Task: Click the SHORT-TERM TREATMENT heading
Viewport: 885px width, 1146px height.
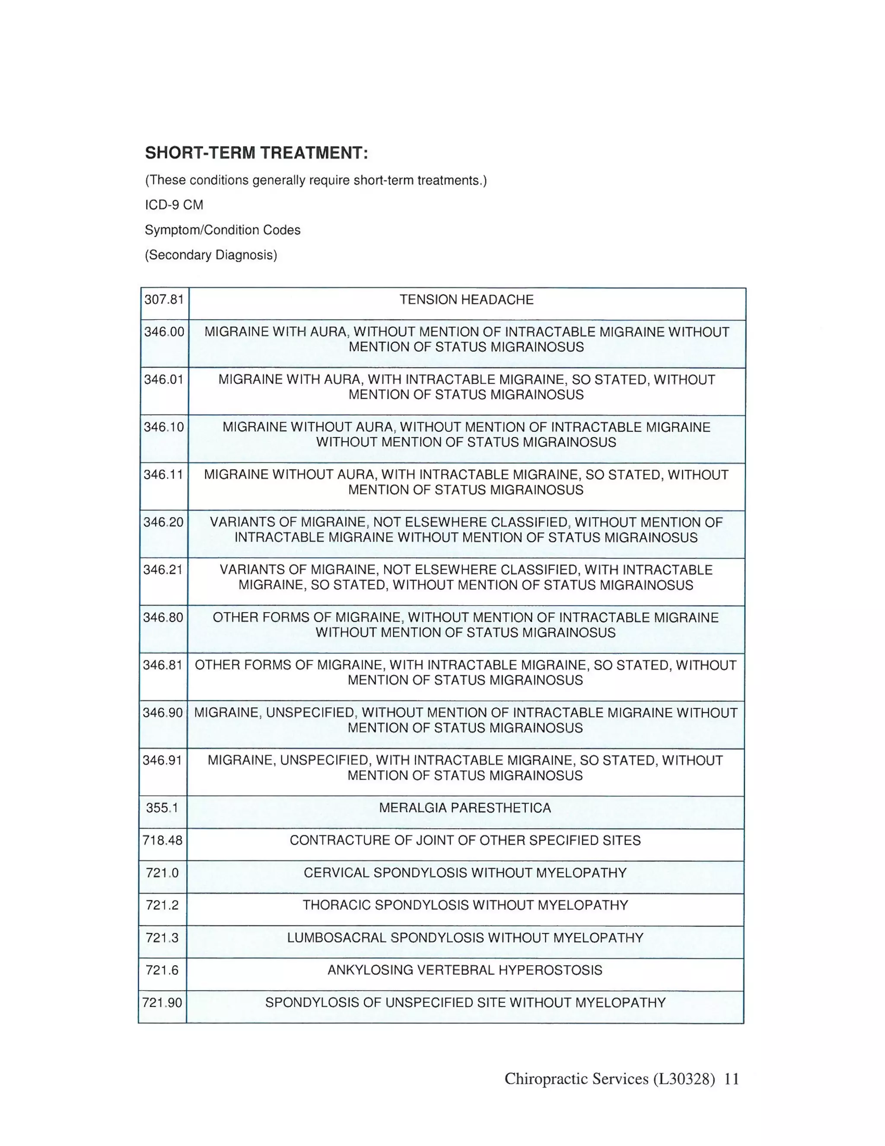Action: (256, 153)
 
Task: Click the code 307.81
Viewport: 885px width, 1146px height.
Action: (164, 300)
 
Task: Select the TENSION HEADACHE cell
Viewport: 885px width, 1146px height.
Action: (466, 300)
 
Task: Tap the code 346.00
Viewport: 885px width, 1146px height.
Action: (164, 332)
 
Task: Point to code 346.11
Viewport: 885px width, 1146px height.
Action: (164, 474)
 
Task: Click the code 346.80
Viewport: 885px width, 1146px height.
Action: (163, 617)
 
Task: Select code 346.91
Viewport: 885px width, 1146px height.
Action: (162, 760)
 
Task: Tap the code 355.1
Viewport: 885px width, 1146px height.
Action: (162, 807)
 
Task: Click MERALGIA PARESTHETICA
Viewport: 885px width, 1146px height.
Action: (465, 807)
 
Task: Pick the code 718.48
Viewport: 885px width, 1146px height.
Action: (162, 840)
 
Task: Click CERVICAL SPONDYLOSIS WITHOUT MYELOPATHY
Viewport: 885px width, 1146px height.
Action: (465, 873)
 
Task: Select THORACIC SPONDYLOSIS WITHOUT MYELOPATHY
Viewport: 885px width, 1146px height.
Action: (465, 905)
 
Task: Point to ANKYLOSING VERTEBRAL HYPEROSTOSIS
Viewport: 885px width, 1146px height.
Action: (465, 970)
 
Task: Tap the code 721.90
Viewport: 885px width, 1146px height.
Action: (162, 1002)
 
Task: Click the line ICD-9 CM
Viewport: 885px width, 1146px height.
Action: (174, 205)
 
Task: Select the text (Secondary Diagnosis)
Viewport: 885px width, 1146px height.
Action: (211, 255)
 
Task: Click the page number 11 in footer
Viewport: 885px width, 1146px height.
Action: (732, 1079)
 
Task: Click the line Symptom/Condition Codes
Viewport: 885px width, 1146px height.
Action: (222, 230)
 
